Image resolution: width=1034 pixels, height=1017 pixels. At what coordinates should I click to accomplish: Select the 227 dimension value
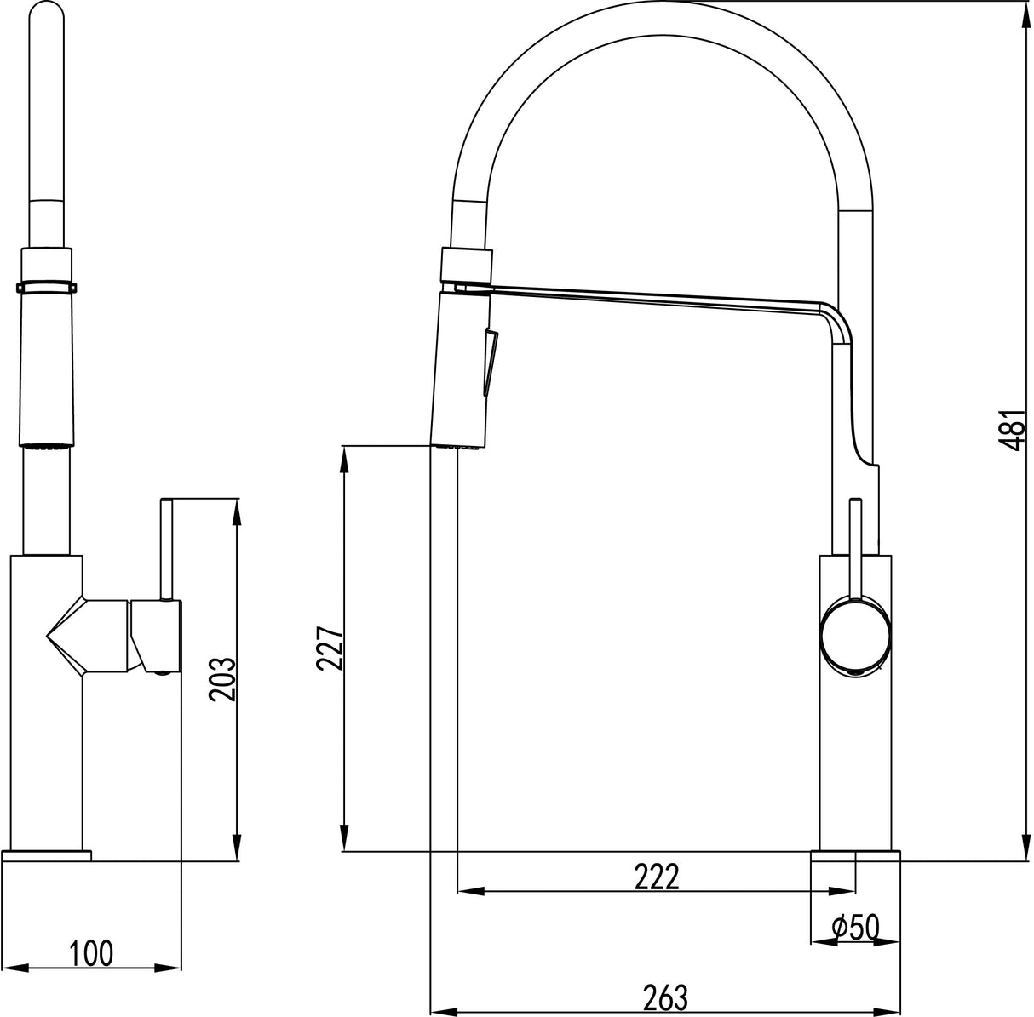click(330, 649)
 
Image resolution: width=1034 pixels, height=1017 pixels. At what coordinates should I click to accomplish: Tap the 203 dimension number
click(222, 678)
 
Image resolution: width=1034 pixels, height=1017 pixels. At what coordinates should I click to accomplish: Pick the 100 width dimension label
click(91, 953)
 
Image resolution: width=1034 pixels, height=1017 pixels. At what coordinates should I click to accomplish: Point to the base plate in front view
click(48, 854)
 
